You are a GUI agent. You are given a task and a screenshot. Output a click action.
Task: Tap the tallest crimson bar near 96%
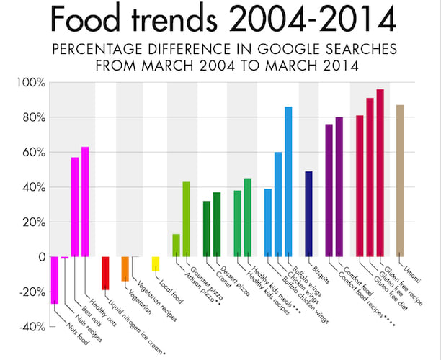point(380,173)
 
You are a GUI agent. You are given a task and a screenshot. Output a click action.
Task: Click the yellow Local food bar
point(156,264)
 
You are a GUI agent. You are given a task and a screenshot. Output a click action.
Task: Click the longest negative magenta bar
point(54,280)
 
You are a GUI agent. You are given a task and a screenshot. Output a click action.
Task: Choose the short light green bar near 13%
point(176,246)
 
